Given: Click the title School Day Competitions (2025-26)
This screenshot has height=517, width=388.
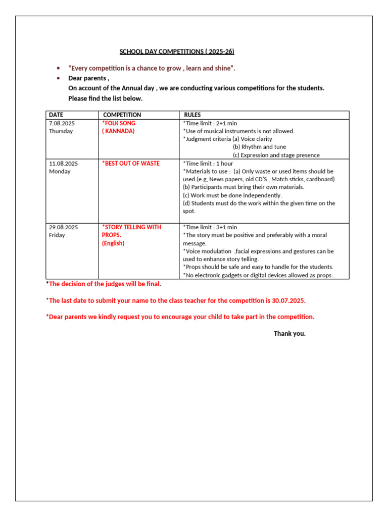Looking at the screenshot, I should point(176,51).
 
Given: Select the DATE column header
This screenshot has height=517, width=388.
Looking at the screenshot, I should point(56,115).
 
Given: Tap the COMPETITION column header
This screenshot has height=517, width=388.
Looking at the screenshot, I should point(122,115).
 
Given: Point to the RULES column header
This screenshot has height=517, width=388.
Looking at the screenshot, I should point(192,115).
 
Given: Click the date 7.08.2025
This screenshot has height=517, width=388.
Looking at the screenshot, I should point(62,123).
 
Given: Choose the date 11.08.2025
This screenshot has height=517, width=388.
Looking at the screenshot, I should point(63,164).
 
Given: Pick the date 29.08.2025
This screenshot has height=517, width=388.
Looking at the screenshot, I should point(63,227).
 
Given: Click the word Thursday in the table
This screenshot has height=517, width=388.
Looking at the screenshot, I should point(61,131).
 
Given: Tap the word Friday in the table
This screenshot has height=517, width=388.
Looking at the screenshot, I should point(57,235).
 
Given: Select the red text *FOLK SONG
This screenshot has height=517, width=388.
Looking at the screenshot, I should point(119,123).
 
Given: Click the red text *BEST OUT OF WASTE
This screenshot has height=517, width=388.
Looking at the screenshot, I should point(131,164).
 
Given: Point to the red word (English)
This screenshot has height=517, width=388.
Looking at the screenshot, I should point(113,243).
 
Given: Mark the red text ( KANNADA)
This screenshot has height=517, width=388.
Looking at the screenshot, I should point(118,131).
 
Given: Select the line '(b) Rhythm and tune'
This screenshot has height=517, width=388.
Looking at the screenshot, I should point(259,147).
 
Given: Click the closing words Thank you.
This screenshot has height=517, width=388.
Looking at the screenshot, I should point(289,333).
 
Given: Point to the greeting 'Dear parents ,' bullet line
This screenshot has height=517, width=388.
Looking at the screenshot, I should point(88,78).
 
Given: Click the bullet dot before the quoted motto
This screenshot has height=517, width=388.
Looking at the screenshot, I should point(59,68).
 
